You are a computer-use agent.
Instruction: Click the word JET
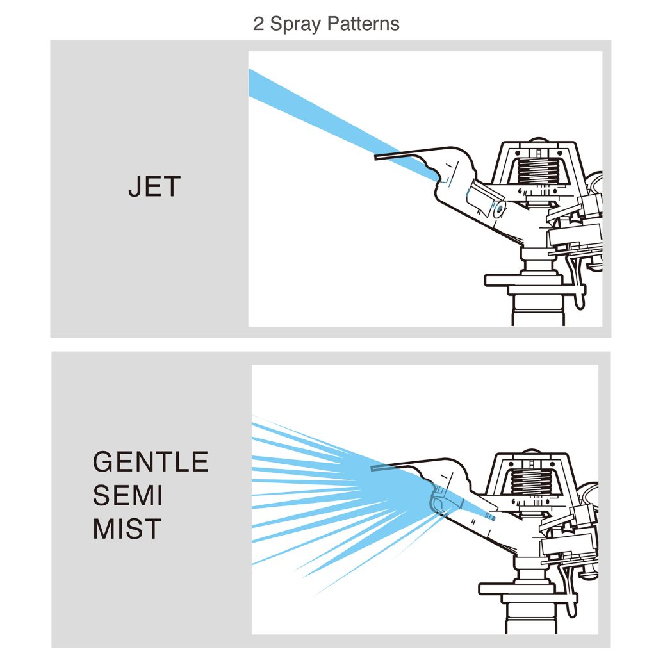tap(154, 186)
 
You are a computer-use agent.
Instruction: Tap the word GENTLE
tap(151, 461)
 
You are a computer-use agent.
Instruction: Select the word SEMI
tap(127, 495)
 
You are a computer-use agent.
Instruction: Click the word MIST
tap(127, 529)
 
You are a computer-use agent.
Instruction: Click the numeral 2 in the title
tap(258, 24)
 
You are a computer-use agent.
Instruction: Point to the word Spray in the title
tap(295, 25)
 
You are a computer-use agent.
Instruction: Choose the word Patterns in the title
tap(363, 24)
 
